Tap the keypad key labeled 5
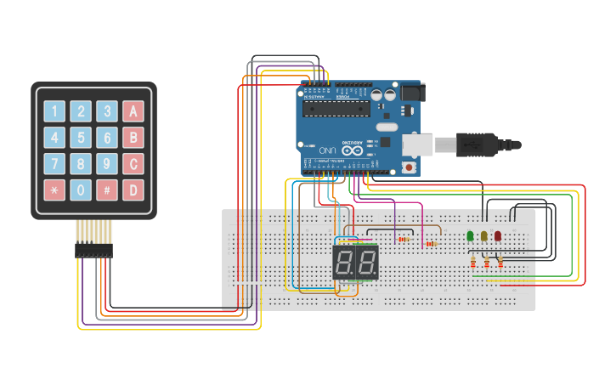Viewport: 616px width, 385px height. (81, 138)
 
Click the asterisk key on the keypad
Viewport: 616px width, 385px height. (54, 190)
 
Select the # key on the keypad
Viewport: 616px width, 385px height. (107, 190)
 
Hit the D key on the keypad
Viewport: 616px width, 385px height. (133, 190)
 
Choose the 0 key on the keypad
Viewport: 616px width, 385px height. (81, 190)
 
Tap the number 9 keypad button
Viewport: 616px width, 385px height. (107, 163)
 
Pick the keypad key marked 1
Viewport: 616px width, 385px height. (54, 111)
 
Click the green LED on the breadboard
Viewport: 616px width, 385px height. (470, 235)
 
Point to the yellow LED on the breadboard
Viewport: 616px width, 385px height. (483, 235)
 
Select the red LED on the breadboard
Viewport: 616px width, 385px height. (498, 235)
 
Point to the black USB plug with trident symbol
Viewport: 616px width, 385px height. (476, 144)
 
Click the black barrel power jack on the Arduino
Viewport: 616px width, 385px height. (413, 91)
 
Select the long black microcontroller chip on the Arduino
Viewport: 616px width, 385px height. (336, 110)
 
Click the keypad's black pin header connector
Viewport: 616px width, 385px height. (93, 250)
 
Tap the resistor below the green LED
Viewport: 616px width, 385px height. (473, 263)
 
